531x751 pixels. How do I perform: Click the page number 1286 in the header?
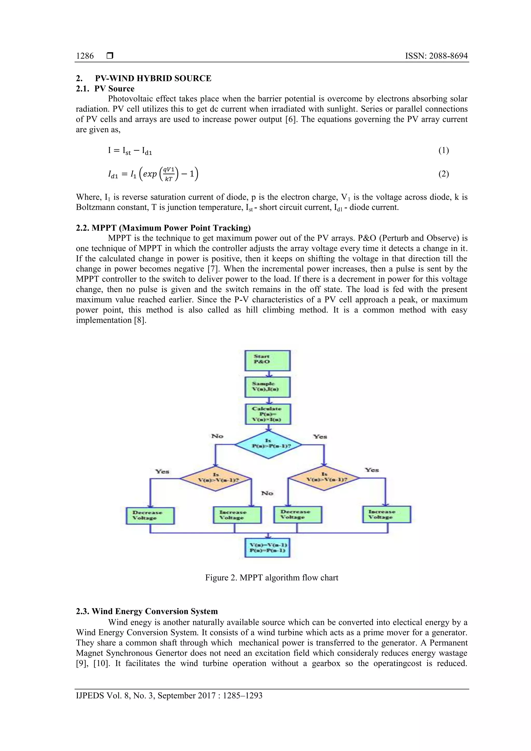click(x=85, y=56)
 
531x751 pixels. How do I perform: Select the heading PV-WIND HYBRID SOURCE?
click(x=153, y=79)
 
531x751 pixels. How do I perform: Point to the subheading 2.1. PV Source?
click(x=105, y=89)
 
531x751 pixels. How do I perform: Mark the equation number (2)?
click(x=443, y=174)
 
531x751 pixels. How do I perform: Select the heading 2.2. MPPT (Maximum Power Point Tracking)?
click(x=163, y=228)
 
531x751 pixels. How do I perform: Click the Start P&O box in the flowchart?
click(x=268, y=360)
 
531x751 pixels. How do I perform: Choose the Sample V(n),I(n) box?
click(x=268, y=387)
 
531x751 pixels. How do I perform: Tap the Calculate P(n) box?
click(x=268, y=414)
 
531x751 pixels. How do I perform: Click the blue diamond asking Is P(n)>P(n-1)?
click(x=268, y=445)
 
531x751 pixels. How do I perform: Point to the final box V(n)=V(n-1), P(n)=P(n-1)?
click(x=268, y=548)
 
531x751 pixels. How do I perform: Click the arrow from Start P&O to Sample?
click(x=269, y=374)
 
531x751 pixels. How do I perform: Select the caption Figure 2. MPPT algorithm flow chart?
click(x=271, y=578)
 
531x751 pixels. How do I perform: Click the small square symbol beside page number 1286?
click(x=110, y=56)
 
